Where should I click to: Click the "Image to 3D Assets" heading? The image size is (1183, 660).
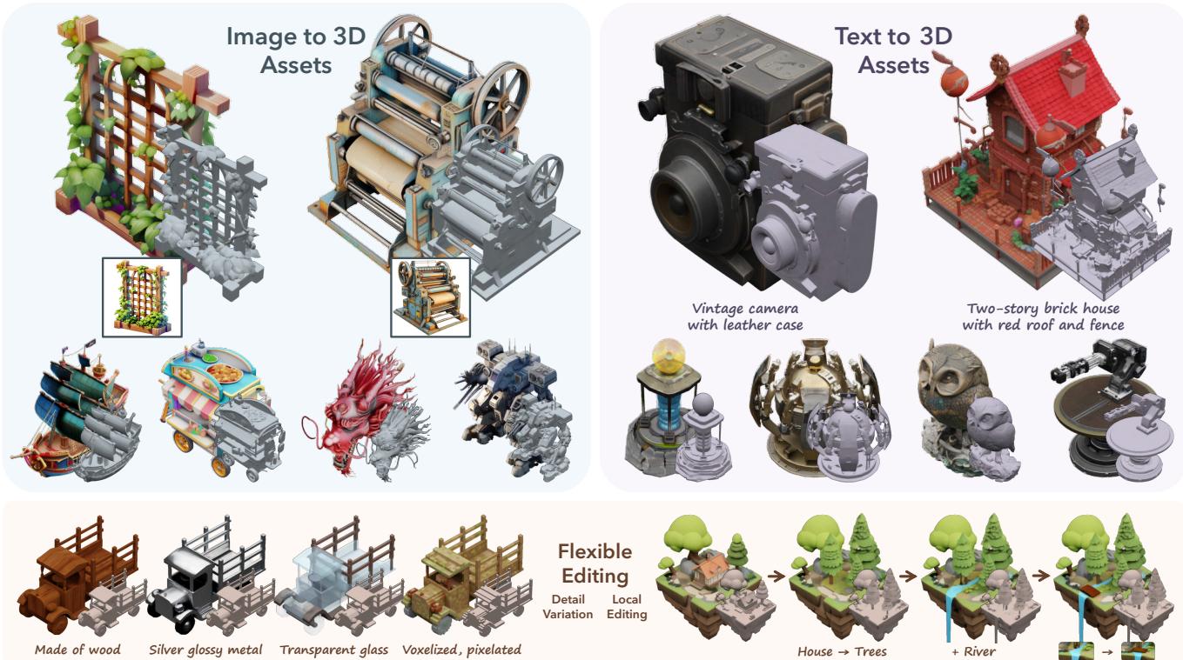coord(296,50)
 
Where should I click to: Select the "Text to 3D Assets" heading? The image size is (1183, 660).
coord(893,50)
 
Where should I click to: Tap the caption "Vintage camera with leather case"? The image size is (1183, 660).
coord(745,317)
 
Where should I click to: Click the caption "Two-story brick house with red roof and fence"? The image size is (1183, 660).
coord(1043,317)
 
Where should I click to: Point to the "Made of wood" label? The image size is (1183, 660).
coord(77,650)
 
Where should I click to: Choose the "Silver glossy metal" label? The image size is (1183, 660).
coord(205,650)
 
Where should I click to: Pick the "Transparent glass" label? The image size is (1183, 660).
coord(333,650)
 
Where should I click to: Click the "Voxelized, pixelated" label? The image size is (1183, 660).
coord(461,650)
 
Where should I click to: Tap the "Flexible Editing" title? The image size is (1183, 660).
coord(595,563)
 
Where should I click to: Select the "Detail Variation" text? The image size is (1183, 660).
coord(568,607)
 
